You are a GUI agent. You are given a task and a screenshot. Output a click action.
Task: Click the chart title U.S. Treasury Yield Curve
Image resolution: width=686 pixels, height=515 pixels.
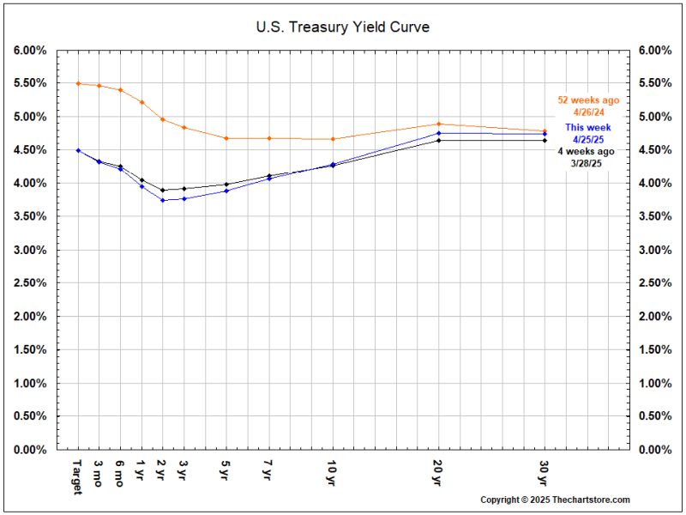(x=342, y=27)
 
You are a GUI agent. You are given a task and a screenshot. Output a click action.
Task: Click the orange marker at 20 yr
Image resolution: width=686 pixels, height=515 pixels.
(x=439, y=124)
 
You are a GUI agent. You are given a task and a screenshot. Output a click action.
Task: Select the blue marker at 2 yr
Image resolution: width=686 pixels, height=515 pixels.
(x=163, y=200)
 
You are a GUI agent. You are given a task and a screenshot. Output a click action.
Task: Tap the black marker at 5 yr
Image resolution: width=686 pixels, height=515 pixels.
(x=226, y=185)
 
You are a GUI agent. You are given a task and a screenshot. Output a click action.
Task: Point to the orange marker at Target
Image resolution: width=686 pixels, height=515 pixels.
(x=78, y=83)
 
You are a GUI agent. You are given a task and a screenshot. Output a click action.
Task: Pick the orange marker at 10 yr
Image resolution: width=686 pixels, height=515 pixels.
(x=333, y=139)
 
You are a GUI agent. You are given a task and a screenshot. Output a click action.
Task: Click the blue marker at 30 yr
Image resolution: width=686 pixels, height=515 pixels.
(x=545, y=134)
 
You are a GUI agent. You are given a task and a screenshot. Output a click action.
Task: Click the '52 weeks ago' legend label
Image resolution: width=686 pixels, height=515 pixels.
(x=588, y=100)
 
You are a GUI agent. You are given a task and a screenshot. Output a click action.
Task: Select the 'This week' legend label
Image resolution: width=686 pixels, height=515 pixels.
(x=588, y=127)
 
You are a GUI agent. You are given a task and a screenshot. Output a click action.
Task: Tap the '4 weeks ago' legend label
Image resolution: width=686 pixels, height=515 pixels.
(x=588, y=151)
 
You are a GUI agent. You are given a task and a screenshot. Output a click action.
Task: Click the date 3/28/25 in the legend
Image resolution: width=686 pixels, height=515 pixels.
(x=588, y=163)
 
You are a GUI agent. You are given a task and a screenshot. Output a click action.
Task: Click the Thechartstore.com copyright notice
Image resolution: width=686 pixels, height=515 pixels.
(x=555, y=500)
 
